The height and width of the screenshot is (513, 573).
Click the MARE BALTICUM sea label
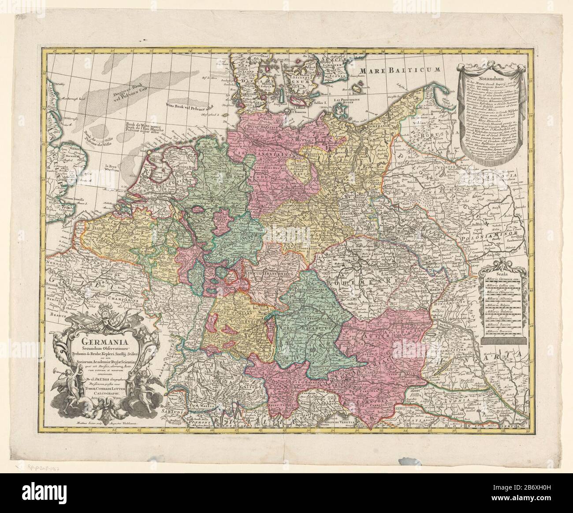click(400, 70)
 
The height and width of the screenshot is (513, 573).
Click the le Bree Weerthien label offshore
click(113, 170)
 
